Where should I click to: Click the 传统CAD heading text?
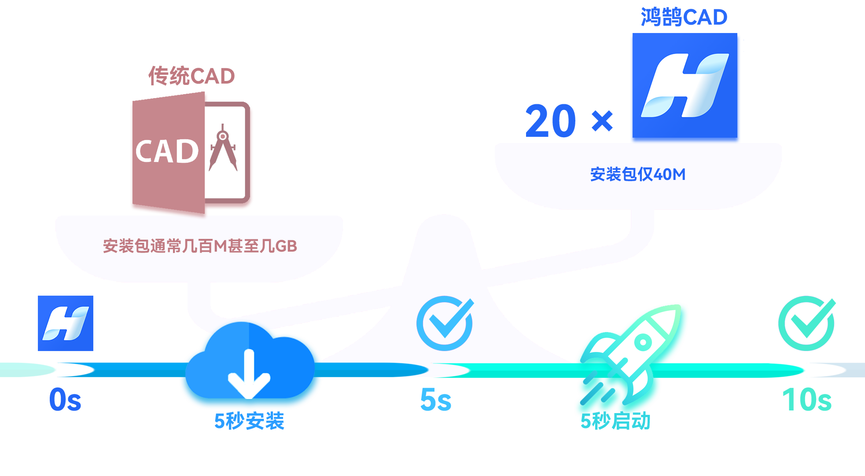(191, 76)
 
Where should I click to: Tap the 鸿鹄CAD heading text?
(684, 17)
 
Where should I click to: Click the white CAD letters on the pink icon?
(167, 152)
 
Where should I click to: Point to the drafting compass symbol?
(224, 147)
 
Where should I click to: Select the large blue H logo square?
(685, 88)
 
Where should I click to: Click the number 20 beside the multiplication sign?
(551, 121)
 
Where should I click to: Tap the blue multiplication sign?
(602, 121)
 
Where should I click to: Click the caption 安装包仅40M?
(638, 175)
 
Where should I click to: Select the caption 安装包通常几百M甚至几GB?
(200, 246)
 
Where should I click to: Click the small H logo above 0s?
(66, 323)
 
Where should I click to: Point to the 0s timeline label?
(65, 400)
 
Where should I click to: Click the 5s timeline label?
(436, 400)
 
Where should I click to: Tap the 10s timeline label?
(807, 400)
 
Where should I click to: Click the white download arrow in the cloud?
(249, 374)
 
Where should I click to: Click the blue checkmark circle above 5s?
(445, 323)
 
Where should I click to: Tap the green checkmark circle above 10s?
(807, 323)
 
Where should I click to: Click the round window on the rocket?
(643, 342)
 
